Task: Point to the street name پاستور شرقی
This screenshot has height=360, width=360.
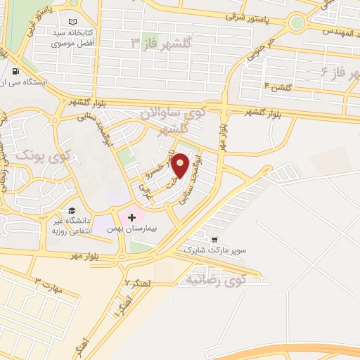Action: click(249, 15)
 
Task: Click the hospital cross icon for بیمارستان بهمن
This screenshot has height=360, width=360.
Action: click(131, 217)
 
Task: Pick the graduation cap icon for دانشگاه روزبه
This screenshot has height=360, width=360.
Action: click(72, 211)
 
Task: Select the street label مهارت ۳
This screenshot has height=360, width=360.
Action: click(49, 287)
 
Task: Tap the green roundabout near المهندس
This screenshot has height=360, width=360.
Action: click(297, 22)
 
